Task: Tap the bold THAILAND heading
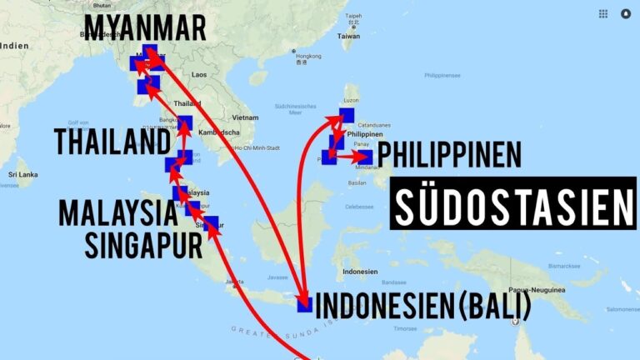click(112, 142)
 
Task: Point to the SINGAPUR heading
click(142, 245)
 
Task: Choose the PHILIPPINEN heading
click(449, 154)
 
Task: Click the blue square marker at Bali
click(304, 304)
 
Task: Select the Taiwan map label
click(348, 36)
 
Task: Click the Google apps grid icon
click(603, 14)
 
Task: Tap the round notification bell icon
click(626, 14)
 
